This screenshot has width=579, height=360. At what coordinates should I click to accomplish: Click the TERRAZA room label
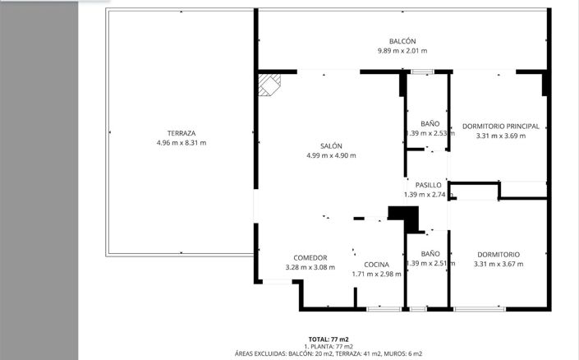[x=181, y=133]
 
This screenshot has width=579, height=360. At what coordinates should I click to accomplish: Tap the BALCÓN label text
[x=402, y=41]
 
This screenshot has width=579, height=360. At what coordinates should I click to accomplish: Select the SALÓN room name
[x=331, y=145]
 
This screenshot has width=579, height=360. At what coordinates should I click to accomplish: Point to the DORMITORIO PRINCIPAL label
[x=500, y=126]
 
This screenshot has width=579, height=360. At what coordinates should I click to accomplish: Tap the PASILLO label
[x=428, y=185]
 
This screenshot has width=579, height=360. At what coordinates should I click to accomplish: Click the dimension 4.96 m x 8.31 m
[x=181, y=143]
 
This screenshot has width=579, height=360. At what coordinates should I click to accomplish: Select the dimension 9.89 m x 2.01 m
[x=402, y=51]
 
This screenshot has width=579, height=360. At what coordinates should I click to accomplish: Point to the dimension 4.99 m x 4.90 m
[x=331, y=155]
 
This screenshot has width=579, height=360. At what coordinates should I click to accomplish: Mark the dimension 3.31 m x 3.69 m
[x=500, y=136]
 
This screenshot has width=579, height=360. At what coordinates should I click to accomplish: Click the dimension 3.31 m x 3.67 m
[x=498, y=264]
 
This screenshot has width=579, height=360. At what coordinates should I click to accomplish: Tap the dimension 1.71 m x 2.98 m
[x=376, y=274]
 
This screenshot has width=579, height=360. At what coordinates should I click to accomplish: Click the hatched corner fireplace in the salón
[x=269, y=84]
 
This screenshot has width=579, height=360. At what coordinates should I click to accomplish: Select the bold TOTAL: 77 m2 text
[x=329, y=339]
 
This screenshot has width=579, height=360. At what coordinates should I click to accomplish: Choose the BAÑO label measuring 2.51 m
[x=430, y=254]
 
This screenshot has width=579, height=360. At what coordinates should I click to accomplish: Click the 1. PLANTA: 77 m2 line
[x=329, y=346]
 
